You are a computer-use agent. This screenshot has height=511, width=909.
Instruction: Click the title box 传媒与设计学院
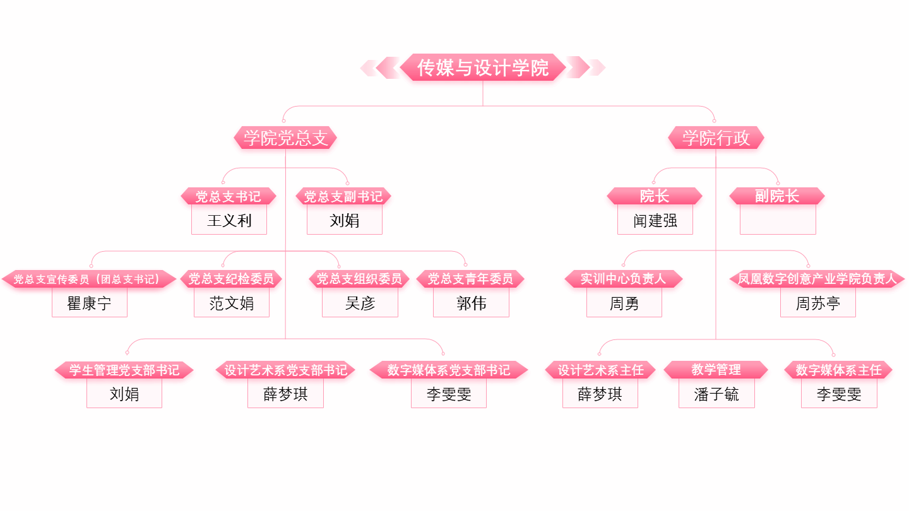coord(483,68)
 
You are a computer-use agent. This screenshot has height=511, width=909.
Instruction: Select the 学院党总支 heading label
coord(285,138)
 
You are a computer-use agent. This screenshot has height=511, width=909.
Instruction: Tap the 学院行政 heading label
coord(716,138)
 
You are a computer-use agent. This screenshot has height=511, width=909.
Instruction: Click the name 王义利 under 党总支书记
coord(229,220)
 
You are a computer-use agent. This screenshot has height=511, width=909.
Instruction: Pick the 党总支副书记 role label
coord(343,196)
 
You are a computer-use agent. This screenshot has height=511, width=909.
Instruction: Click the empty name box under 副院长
coord(778,220)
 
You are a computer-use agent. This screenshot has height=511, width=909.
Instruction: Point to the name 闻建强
coord(655,220)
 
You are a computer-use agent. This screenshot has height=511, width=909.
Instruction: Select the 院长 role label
coord(655,196)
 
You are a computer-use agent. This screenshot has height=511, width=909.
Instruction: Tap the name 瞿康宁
coord(90,303)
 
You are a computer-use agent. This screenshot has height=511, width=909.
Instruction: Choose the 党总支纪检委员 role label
coord(231,279)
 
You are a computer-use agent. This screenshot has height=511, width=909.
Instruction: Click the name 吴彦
coord(360,303)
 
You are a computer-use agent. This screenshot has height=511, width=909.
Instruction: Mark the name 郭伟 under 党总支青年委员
coord(471,303)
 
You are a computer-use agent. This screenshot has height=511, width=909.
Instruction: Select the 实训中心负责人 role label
coord(623,279)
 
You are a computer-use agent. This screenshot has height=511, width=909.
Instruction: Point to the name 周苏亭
coord(817,303)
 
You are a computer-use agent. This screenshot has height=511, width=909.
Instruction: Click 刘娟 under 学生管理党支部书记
coord(124,394)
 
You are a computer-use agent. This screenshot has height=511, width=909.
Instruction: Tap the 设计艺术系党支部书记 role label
coord(285,370)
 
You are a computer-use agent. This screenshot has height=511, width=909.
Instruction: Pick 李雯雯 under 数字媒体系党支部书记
coord(449,395)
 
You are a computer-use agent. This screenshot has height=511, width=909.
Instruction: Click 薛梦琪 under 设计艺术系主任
coord(600,394)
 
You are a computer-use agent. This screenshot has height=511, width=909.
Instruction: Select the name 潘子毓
coord(716,395)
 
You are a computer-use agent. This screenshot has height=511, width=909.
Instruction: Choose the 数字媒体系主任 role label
coord(838,370)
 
